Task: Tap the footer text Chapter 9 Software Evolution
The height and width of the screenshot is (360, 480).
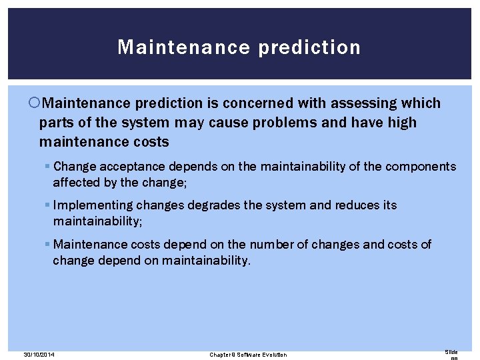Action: [248, 354]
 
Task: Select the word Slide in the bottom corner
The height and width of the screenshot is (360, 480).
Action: [451, 351]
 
